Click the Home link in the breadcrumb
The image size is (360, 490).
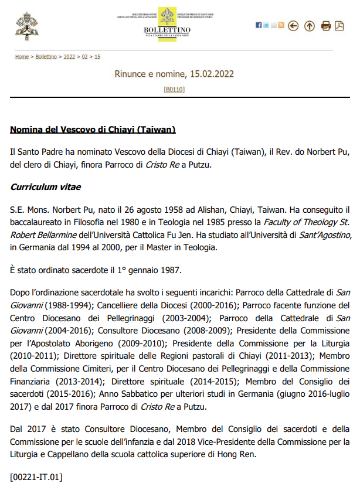coord(22,57)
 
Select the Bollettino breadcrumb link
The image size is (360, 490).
coord(46,57)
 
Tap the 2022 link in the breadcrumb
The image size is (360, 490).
coord(69,57)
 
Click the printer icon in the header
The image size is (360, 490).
coord(326,26)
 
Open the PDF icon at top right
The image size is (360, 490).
coord(339,26)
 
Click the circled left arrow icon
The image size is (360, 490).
coord(294,26)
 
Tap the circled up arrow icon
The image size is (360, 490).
coord(309,26)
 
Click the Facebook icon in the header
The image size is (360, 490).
coord(259,25)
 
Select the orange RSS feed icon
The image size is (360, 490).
coord(281,25)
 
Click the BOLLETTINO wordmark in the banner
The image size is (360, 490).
coord(167,30)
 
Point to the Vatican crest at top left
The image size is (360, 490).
coord(26,25)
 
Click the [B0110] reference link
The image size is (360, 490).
coord(174,89)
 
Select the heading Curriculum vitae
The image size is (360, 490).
coord(46,188)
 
